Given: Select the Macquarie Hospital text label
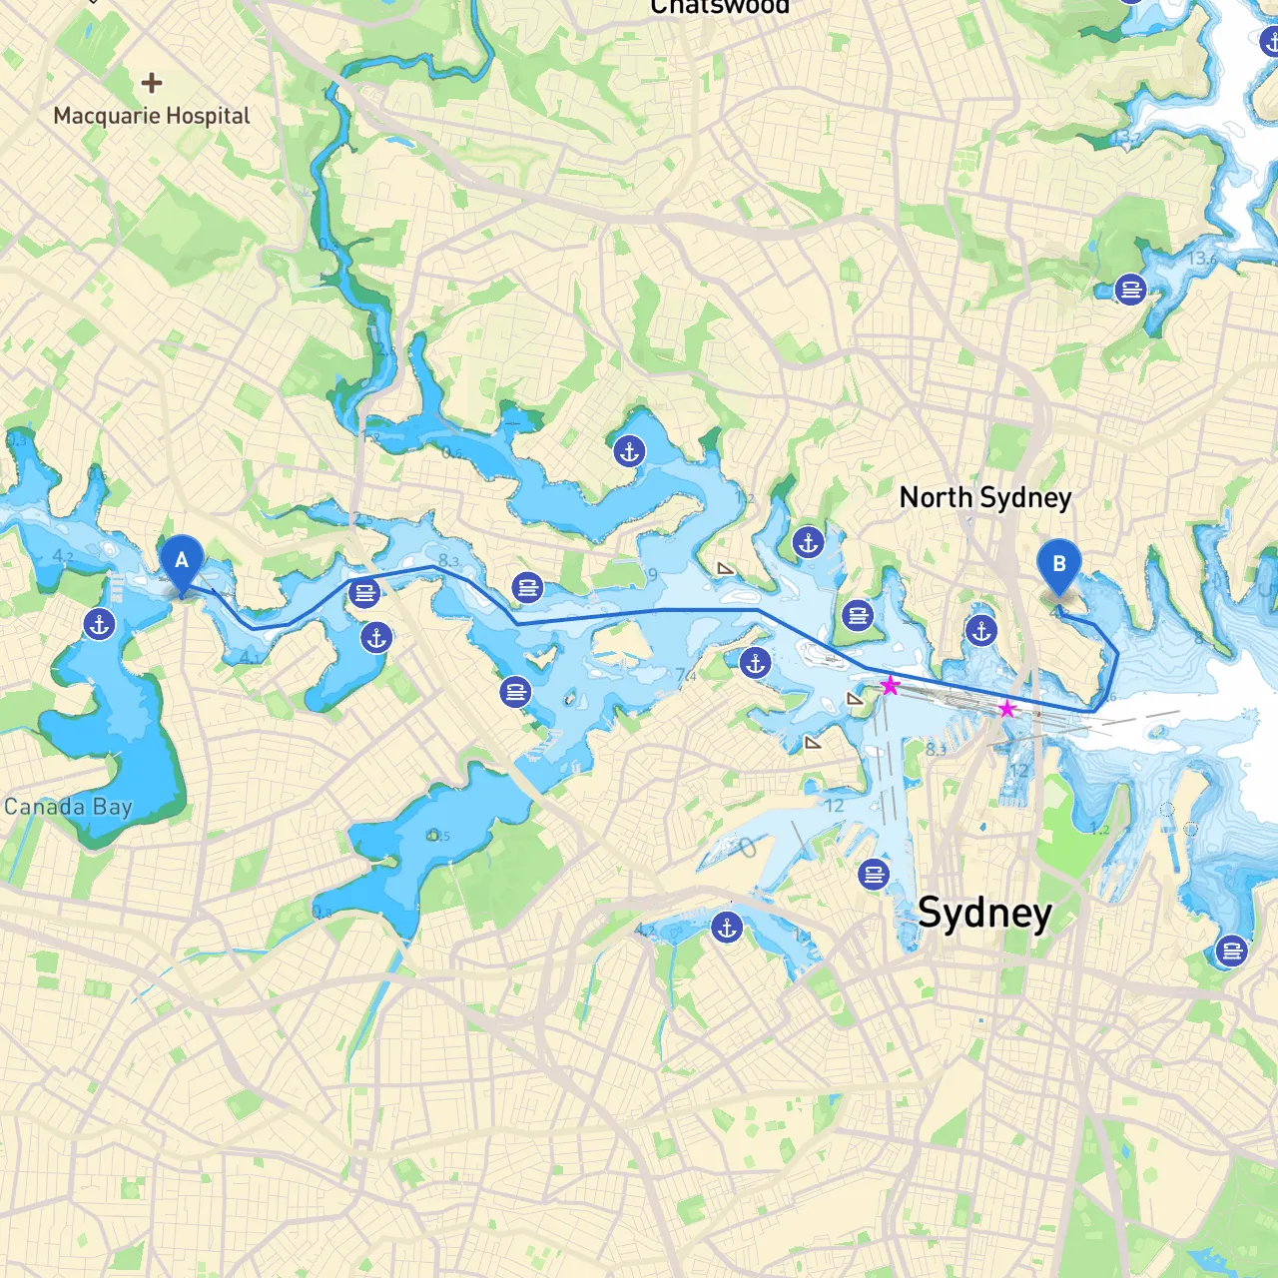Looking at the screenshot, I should coord(152,116).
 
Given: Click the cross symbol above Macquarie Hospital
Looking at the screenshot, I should coord(152,83).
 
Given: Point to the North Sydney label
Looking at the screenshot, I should coord(985,497).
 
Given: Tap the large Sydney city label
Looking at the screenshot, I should coord(984,913).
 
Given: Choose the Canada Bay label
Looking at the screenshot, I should coord(68,807).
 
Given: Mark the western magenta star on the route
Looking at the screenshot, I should coord(890,686).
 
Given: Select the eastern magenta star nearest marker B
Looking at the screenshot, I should coord(1007,709).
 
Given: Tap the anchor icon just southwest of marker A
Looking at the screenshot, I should coord(99,625).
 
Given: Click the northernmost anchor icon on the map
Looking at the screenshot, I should coord(1270,42).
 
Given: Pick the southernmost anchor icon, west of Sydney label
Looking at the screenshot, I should coord(727,928).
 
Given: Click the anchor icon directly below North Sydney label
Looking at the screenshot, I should coord(981,630).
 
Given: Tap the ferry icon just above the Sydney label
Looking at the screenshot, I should coord(874,875).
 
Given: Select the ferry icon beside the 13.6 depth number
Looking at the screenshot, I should coord(1130,290).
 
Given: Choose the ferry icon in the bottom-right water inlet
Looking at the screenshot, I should coord(1232,951).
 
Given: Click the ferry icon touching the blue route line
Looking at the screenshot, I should coord(364,594).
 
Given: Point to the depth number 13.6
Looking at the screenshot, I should coord(1203,259).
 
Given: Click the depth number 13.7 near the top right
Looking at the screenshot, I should coord(1125,136).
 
